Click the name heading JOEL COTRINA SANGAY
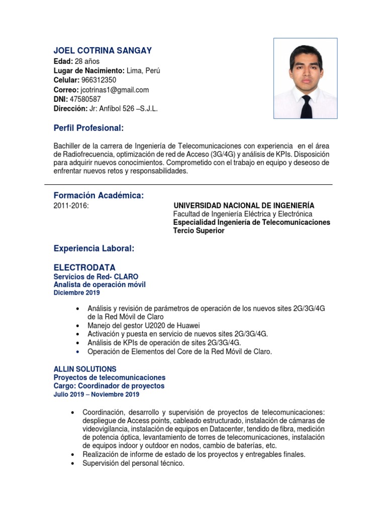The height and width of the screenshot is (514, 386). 103,50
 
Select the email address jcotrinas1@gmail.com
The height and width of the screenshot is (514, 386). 115,90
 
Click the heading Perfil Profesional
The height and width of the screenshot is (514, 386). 88,128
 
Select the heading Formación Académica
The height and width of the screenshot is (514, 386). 99,196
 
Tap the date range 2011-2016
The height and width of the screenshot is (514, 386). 71,206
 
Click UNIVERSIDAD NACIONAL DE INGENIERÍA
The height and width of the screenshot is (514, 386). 244,206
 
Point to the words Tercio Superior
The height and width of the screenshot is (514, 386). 199,231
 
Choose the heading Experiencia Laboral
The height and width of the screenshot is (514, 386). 94,248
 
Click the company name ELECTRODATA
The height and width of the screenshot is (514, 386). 84,267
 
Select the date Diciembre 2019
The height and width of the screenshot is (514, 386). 76,293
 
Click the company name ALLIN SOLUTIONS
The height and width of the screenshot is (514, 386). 85,369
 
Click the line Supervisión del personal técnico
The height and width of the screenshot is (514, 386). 133,463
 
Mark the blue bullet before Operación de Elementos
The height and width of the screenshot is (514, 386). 76,352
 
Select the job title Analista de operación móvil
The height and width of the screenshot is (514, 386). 100,285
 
